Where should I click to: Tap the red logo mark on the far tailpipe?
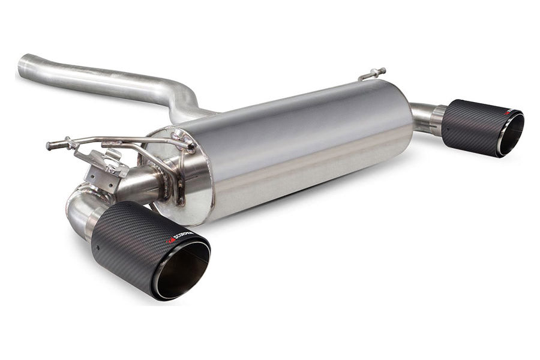click(508, 112)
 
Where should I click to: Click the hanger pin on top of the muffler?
click(373, 74)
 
